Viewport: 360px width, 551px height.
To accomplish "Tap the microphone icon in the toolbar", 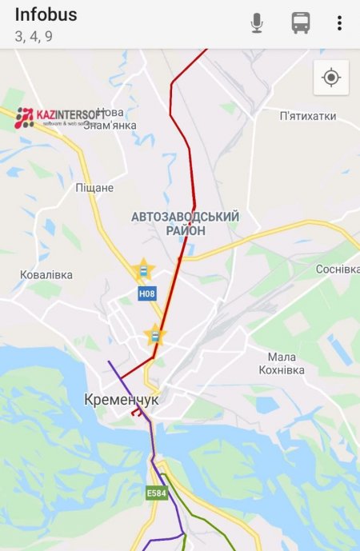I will coord(257,23).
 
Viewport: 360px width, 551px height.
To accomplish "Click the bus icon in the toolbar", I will coord(301,23).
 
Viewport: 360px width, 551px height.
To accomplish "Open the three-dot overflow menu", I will coord(339,23).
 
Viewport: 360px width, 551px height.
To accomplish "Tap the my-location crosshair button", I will coord(331,78).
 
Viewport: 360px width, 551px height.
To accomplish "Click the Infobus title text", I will coord(46,15).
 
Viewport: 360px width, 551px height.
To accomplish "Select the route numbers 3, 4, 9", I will coord(34,36).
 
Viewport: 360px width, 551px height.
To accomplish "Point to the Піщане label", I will coord(94,188).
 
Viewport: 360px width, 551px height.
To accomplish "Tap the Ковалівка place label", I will coord(46,274).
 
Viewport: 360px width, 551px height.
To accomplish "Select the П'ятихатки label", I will coord(308,117).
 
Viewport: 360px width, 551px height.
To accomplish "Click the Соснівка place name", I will coord(337,269).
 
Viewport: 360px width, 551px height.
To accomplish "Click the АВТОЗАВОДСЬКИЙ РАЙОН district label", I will coord(185,223).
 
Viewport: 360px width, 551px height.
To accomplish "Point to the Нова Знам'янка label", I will coord(110,119).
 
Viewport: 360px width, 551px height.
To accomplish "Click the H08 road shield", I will coord(146,293).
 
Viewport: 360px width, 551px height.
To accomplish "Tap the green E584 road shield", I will coord(156,493).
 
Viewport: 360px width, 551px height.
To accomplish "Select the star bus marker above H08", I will coord(143,270).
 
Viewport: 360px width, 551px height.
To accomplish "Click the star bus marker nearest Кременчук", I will coord(154,336).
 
